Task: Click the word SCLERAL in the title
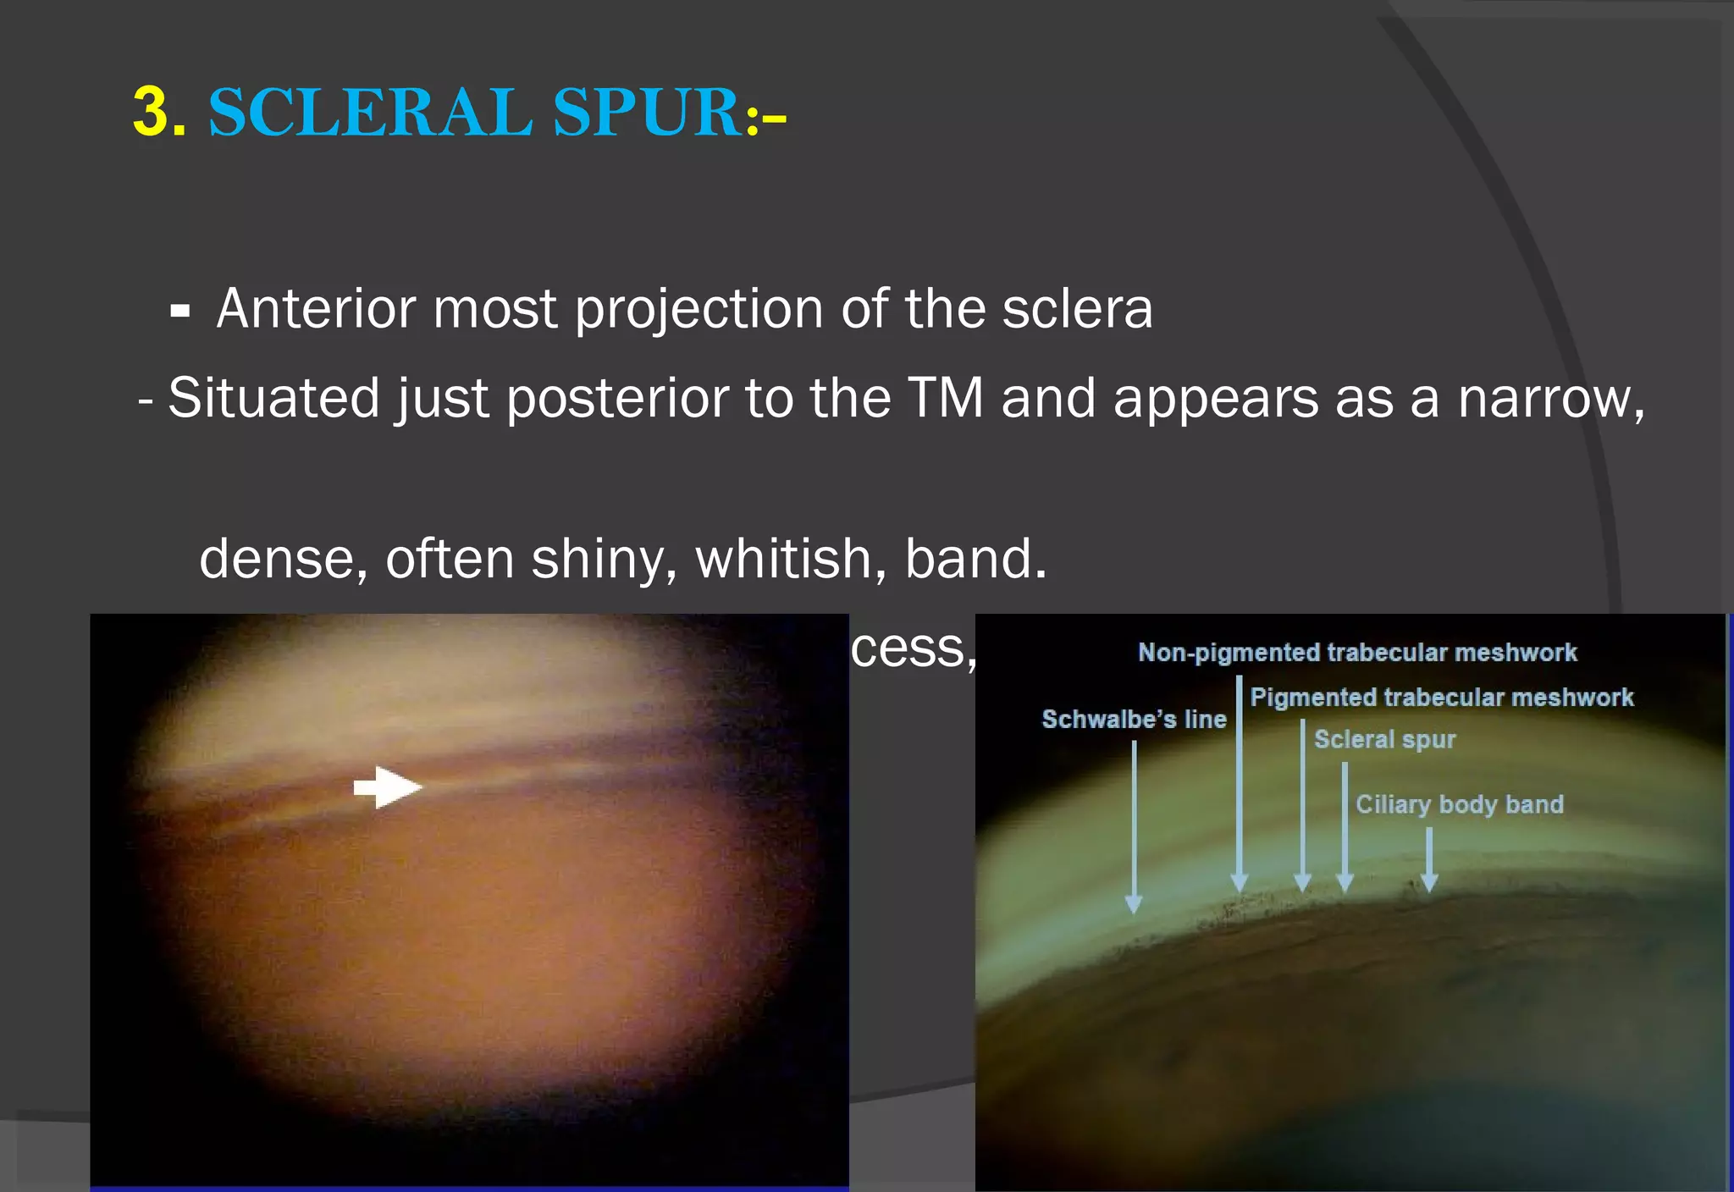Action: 370,112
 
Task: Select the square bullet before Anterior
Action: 179,312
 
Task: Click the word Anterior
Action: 316,308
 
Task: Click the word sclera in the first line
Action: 1077,308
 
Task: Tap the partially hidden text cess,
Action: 913,650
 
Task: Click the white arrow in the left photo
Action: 387,787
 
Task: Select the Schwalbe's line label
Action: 1134,720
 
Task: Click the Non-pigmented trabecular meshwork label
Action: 1356,653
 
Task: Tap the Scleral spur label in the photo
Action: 1384,740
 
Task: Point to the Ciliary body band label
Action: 1459,804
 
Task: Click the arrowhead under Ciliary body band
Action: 1429,883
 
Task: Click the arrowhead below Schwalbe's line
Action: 1134,904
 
